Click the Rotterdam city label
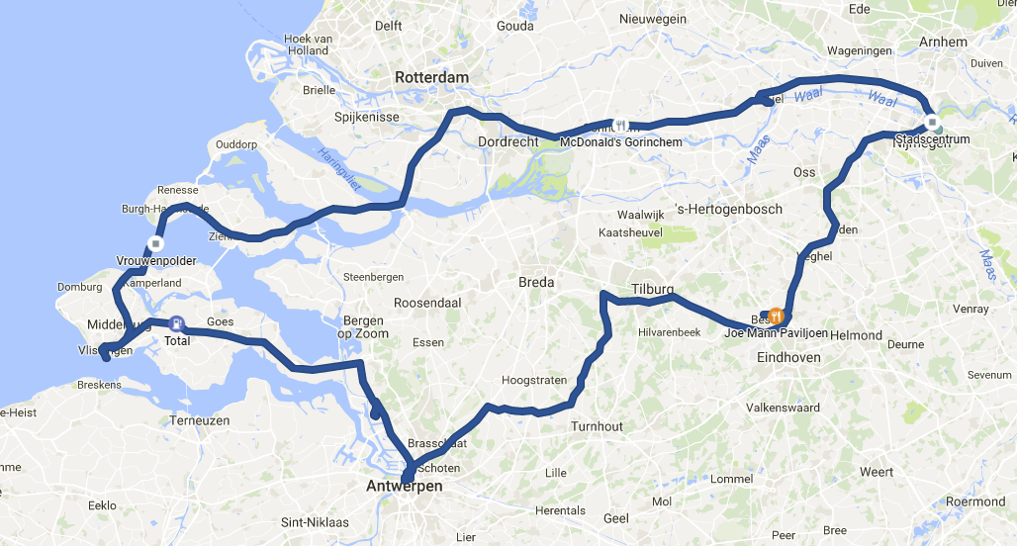431,77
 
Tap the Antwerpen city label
405,487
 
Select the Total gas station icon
176,323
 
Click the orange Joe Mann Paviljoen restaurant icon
777,317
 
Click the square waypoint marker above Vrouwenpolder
155,242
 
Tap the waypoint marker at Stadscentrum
932,123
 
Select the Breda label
537,282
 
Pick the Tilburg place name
652,289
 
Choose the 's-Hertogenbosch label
729,209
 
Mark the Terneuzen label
200,420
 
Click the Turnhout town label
597,426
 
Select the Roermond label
974,501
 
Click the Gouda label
514,26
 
